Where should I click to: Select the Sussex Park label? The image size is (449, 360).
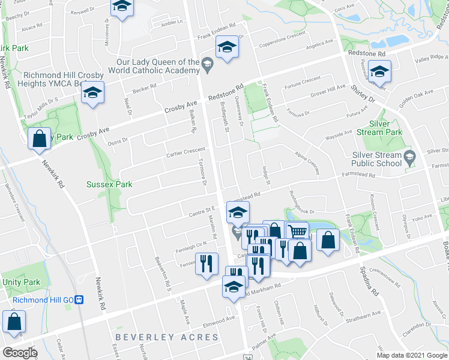pos(109,184)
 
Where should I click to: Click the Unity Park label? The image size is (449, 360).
pos(21,282)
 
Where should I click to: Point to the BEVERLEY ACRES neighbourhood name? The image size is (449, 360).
pos(167,337)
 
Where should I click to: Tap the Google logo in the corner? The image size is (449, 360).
pos(19,353)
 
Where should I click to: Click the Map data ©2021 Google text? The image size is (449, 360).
pos(412,355)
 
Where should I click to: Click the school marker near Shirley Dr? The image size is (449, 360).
pos(379,72)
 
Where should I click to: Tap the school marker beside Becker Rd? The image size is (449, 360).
pos(92,93)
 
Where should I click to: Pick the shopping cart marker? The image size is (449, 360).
pos(297,232)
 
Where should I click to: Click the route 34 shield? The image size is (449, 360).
pos(248,356)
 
